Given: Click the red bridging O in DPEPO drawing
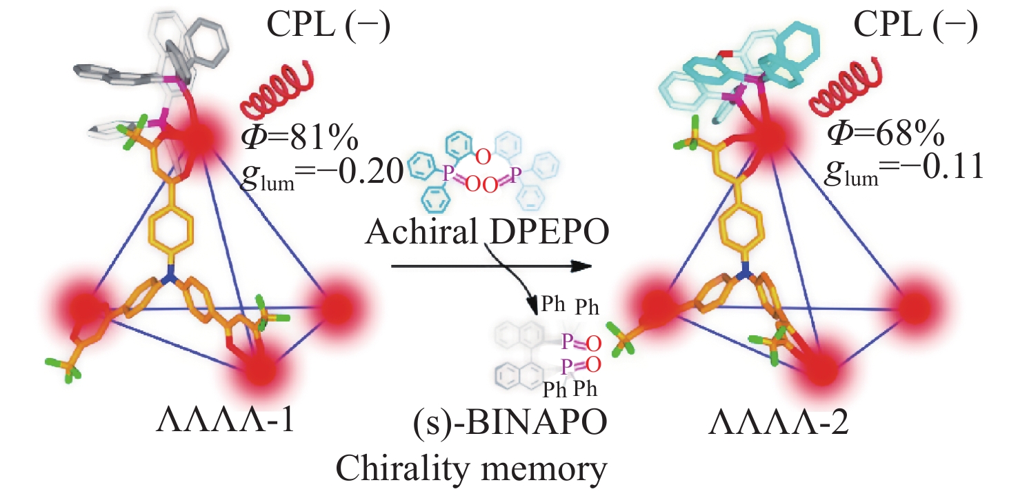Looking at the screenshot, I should (x=483, y=158).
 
